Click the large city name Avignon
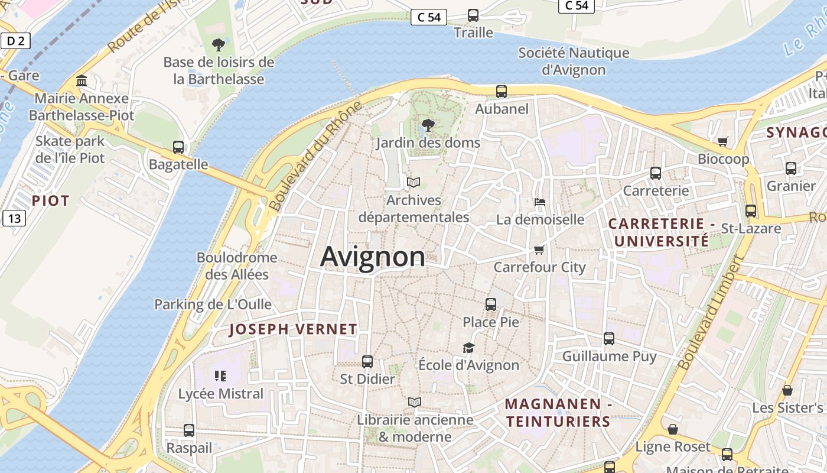[x=373, y=257]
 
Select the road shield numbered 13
[x=14, y=218]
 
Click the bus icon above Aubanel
[x=502, y=91]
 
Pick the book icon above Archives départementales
[x=414, y=182]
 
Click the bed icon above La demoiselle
[x=540, y=202]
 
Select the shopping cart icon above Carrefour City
[x=539, y=250]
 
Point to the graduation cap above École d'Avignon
[x=468, y=348]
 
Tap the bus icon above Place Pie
[x=491, y=304]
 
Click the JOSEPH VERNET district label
[x=293, y=329]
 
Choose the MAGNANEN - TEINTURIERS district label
[x=558, y=413]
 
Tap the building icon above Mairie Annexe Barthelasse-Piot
[x=82, y=80]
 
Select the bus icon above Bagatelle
[x=178, y=147]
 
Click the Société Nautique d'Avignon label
[x=574, y=61]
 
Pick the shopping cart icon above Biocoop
[x=723, y=141]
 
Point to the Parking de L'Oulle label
[x=213, y=304]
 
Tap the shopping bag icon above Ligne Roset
[x=673, y=429]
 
